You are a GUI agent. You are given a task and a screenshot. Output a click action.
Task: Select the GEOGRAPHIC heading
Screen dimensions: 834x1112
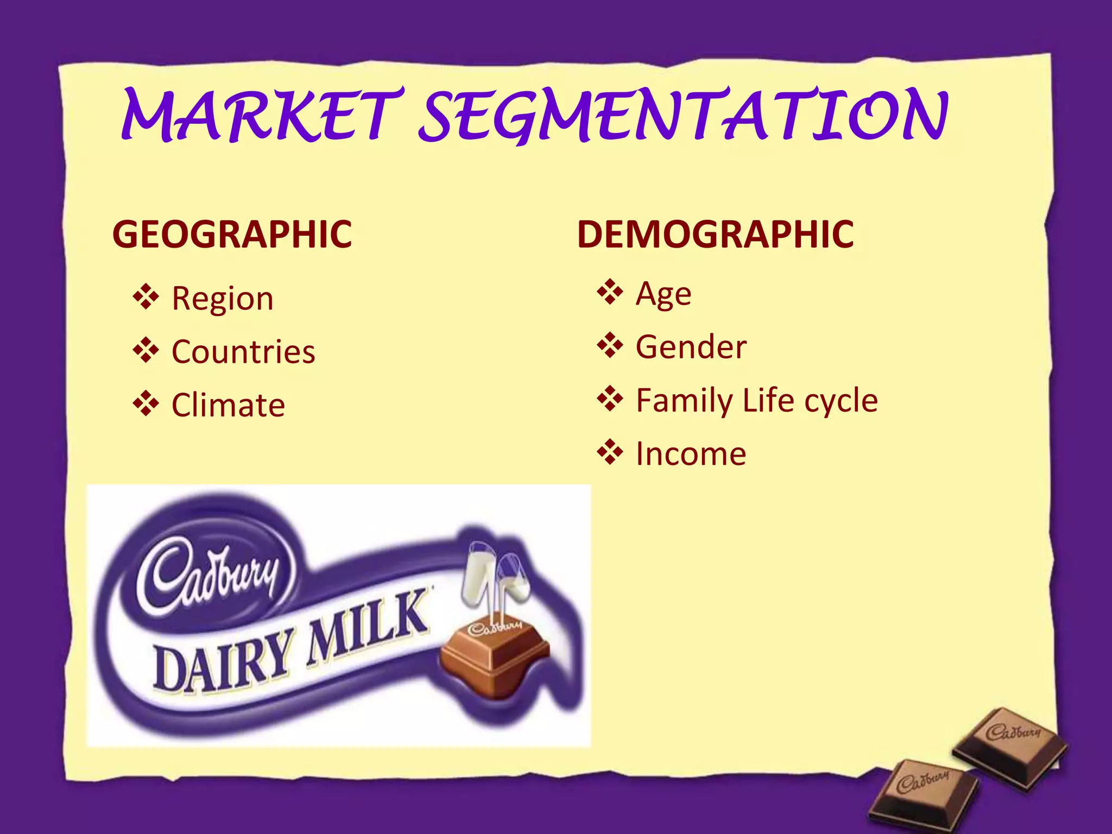tap(232, 235)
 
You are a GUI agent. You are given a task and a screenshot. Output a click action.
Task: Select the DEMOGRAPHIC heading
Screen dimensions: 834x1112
tap(715, 235)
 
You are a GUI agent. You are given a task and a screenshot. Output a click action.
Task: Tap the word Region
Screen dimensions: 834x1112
tap(223, 299)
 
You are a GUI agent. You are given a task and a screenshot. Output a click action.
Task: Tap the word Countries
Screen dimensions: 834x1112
tap(243, 352)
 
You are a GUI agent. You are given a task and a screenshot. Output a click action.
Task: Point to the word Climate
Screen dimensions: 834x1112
tap(228, 405)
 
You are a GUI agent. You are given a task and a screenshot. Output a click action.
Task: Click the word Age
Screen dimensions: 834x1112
tap(664, 294)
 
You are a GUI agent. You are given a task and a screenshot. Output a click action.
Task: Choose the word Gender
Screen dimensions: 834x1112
tap(691, 347)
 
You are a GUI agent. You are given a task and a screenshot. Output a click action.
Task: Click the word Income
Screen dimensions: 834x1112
tap(691, 454)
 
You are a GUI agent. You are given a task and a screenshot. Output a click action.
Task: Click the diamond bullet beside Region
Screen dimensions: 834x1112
tap(146, 297)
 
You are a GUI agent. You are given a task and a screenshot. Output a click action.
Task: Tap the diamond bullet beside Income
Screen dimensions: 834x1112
tap(610, 452)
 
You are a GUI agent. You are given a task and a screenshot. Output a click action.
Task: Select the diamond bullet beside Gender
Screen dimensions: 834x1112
tap(610, 345)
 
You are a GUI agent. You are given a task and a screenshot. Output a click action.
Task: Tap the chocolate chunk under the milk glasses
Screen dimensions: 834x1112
tap(494, 657)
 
